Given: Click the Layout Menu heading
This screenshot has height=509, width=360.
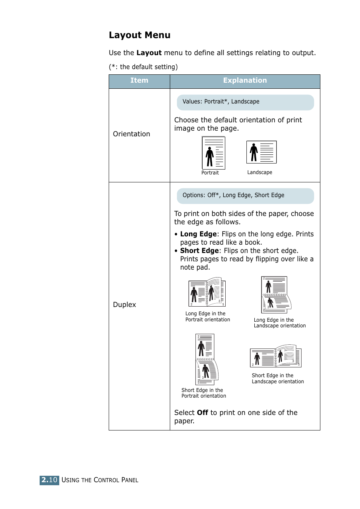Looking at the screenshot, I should [139, 35].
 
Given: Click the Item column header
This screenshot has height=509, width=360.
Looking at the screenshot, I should [139, 80].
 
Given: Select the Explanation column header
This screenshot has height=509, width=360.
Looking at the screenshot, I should [245, 80].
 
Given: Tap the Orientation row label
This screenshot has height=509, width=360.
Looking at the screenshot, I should [131, 134].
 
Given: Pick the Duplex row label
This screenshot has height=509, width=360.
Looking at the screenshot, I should [124, 305].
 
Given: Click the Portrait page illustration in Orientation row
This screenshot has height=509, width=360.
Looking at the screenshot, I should [214, 153].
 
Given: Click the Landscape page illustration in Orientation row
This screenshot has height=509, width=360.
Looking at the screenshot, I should [261, 152].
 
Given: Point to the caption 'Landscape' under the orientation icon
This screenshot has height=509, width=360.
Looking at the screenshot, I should [260, 172].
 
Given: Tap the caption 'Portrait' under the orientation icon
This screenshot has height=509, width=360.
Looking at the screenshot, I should [210, 173].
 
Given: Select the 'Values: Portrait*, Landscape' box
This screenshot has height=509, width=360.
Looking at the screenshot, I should [245, 102].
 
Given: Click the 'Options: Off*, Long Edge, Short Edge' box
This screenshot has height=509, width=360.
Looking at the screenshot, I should [245, 196].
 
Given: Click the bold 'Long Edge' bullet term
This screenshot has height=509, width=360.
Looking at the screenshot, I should [198, 234].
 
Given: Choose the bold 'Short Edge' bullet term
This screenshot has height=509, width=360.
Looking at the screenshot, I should [199, 251].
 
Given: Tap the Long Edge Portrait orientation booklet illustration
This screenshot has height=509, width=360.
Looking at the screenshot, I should [207, 293].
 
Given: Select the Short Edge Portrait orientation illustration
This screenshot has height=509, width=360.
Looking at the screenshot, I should [206, 359].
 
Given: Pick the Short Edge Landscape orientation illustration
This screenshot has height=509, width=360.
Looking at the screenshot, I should [275, 356].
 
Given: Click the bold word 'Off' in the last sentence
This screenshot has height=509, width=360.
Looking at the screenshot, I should [202, 413].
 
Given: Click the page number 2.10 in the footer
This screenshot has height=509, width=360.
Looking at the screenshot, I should [49, 480].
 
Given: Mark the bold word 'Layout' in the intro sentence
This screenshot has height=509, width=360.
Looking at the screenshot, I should [149, 53].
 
